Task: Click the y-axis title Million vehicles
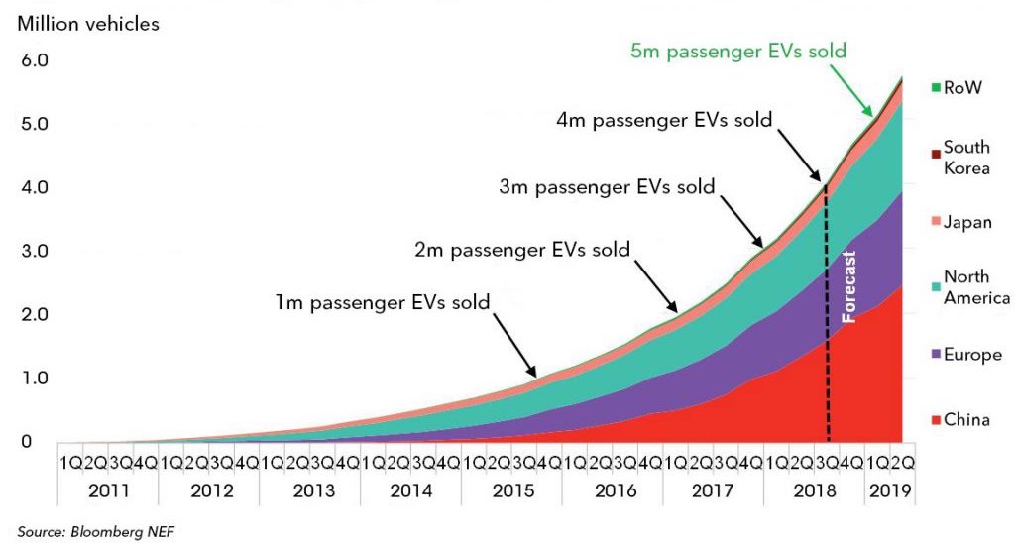[x=88, y=24]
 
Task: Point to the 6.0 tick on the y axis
[x=35, y=60]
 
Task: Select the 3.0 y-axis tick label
[x=35, y=251]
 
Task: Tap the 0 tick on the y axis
[x=28, y=441]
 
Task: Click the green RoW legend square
[x=935, y=88]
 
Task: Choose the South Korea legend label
[x=965, y=157]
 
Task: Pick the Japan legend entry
[x=965, y=223]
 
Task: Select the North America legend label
[x=976, y=287]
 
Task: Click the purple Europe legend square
[x=935, y=355]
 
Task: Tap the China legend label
[x=965, y=420]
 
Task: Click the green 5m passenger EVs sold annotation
[x=738, y=50]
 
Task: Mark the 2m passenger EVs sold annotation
[x=521, y=249]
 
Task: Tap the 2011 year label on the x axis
[x=108, y=489]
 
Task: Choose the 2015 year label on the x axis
[x=510, y=489]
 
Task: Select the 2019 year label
[x=888, y=489]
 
